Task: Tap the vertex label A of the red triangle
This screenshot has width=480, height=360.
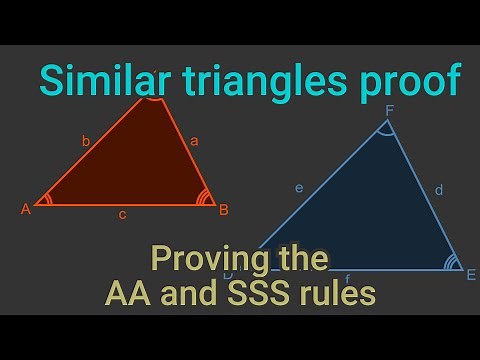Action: [x=26, y=209]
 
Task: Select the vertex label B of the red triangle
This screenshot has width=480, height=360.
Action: [x=224, y=209]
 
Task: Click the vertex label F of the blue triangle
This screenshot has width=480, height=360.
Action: [x=389, y=111]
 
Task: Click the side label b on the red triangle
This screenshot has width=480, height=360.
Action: [x=86, y=143]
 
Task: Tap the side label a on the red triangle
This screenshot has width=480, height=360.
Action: [x=194, y=141]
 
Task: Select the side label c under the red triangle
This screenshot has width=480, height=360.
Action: [x=122, y=214]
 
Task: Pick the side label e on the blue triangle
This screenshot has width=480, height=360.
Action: [x=299, y=187]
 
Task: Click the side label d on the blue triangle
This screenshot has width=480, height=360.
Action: [x=439, y=188]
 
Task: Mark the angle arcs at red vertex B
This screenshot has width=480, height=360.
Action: [x=205, y=197]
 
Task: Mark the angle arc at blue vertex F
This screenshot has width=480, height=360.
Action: [x=386, y=130]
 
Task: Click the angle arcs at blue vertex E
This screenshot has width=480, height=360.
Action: [x=451, y=263]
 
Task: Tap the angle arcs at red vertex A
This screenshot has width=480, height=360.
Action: [x=48, y=199]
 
